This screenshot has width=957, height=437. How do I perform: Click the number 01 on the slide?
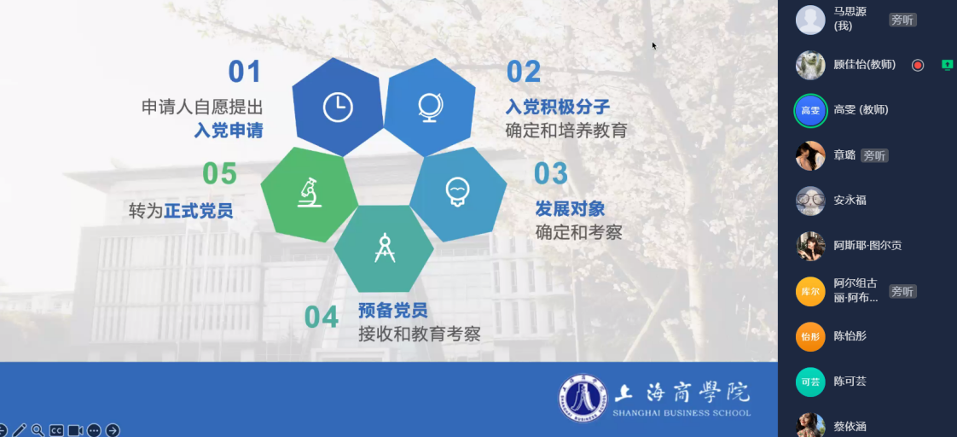245,72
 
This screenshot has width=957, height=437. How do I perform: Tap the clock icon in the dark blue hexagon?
338,108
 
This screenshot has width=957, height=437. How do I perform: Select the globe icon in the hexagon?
430,107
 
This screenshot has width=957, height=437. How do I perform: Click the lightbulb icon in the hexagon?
458,192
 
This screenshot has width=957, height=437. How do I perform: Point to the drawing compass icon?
385,248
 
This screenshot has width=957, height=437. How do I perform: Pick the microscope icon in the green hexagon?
310,192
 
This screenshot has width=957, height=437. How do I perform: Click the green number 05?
220,174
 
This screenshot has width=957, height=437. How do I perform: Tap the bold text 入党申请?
229,131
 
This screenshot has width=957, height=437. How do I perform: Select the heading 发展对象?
570,209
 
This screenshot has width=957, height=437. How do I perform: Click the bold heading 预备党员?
393,310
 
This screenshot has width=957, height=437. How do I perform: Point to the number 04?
321,318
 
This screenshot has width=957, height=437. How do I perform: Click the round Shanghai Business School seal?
583,399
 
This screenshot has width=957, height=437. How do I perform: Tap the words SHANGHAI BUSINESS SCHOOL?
681,413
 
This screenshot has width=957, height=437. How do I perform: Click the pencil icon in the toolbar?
20,430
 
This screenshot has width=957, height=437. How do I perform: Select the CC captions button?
57,430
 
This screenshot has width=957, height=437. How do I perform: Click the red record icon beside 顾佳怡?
918,65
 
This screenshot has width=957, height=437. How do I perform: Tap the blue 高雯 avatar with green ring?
810,110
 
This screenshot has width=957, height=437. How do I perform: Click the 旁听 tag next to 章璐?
874,155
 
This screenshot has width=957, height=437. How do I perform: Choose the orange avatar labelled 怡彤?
810,336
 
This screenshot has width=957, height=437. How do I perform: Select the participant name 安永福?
850,201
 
